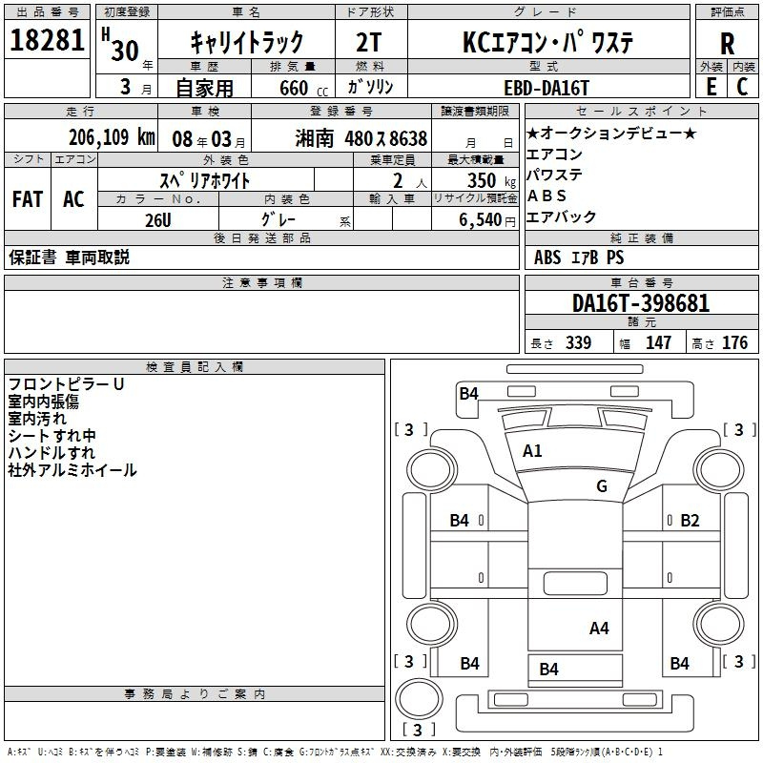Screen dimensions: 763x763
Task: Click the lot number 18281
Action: tap(47, 40)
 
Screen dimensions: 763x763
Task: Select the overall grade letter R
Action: tap(727, 44)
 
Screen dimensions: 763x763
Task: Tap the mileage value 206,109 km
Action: tap(112, 137)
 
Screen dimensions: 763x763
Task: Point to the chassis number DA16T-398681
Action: tap(641, 303)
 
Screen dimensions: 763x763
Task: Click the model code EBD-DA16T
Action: tap(546, 88)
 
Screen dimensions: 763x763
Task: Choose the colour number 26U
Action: tap(158, 220)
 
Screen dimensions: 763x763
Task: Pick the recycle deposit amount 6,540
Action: tap(481, 220)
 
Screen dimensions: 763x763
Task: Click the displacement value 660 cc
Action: tap(303, 88)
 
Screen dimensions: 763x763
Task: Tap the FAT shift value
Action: tap(28, 199)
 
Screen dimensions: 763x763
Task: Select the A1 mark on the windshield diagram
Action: tap(532, 451)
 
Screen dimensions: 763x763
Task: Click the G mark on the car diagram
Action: tap(602, 485)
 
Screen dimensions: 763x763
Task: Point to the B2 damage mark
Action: tap(690, 521)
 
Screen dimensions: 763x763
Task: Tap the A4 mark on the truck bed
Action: tap(599, 629)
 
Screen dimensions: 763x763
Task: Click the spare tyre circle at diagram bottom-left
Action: tap(419, 699)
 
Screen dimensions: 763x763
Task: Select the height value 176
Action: tap(734, 342)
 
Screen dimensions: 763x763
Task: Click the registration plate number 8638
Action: tap(408, 138)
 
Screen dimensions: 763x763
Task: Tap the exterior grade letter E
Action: tap(711, 87)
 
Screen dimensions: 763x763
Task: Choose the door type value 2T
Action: tap(369, 42)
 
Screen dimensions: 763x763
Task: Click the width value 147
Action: tap(658, 342)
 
